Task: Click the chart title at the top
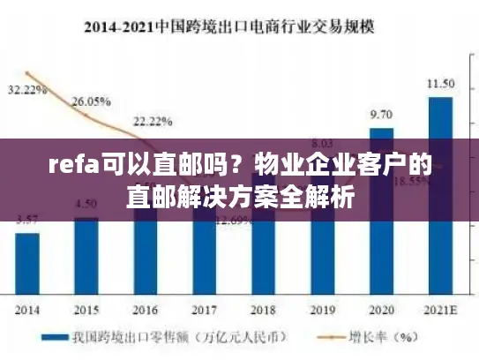click(x=239, y=26)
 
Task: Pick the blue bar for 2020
click(x=381, y=212)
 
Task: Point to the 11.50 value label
click(x=440, y=84)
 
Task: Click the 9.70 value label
click(x=381, y=115)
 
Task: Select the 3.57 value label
click(x=26, y=220)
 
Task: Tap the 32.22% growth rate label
click(x=27, y=90)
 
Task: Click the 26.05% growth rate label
click(x=89, y=101)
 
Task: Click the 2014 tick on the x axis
click(x=26, y=311)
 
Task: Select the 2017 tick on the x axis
click(x=204, y=311)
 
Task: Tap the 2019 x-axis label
click(x=322, y=311)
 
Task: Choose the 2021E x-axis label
click(x=440, y=311)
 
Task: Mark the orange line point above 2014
click(x=28, y=73)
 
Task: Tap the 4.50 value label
click(x=86, y=205)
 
